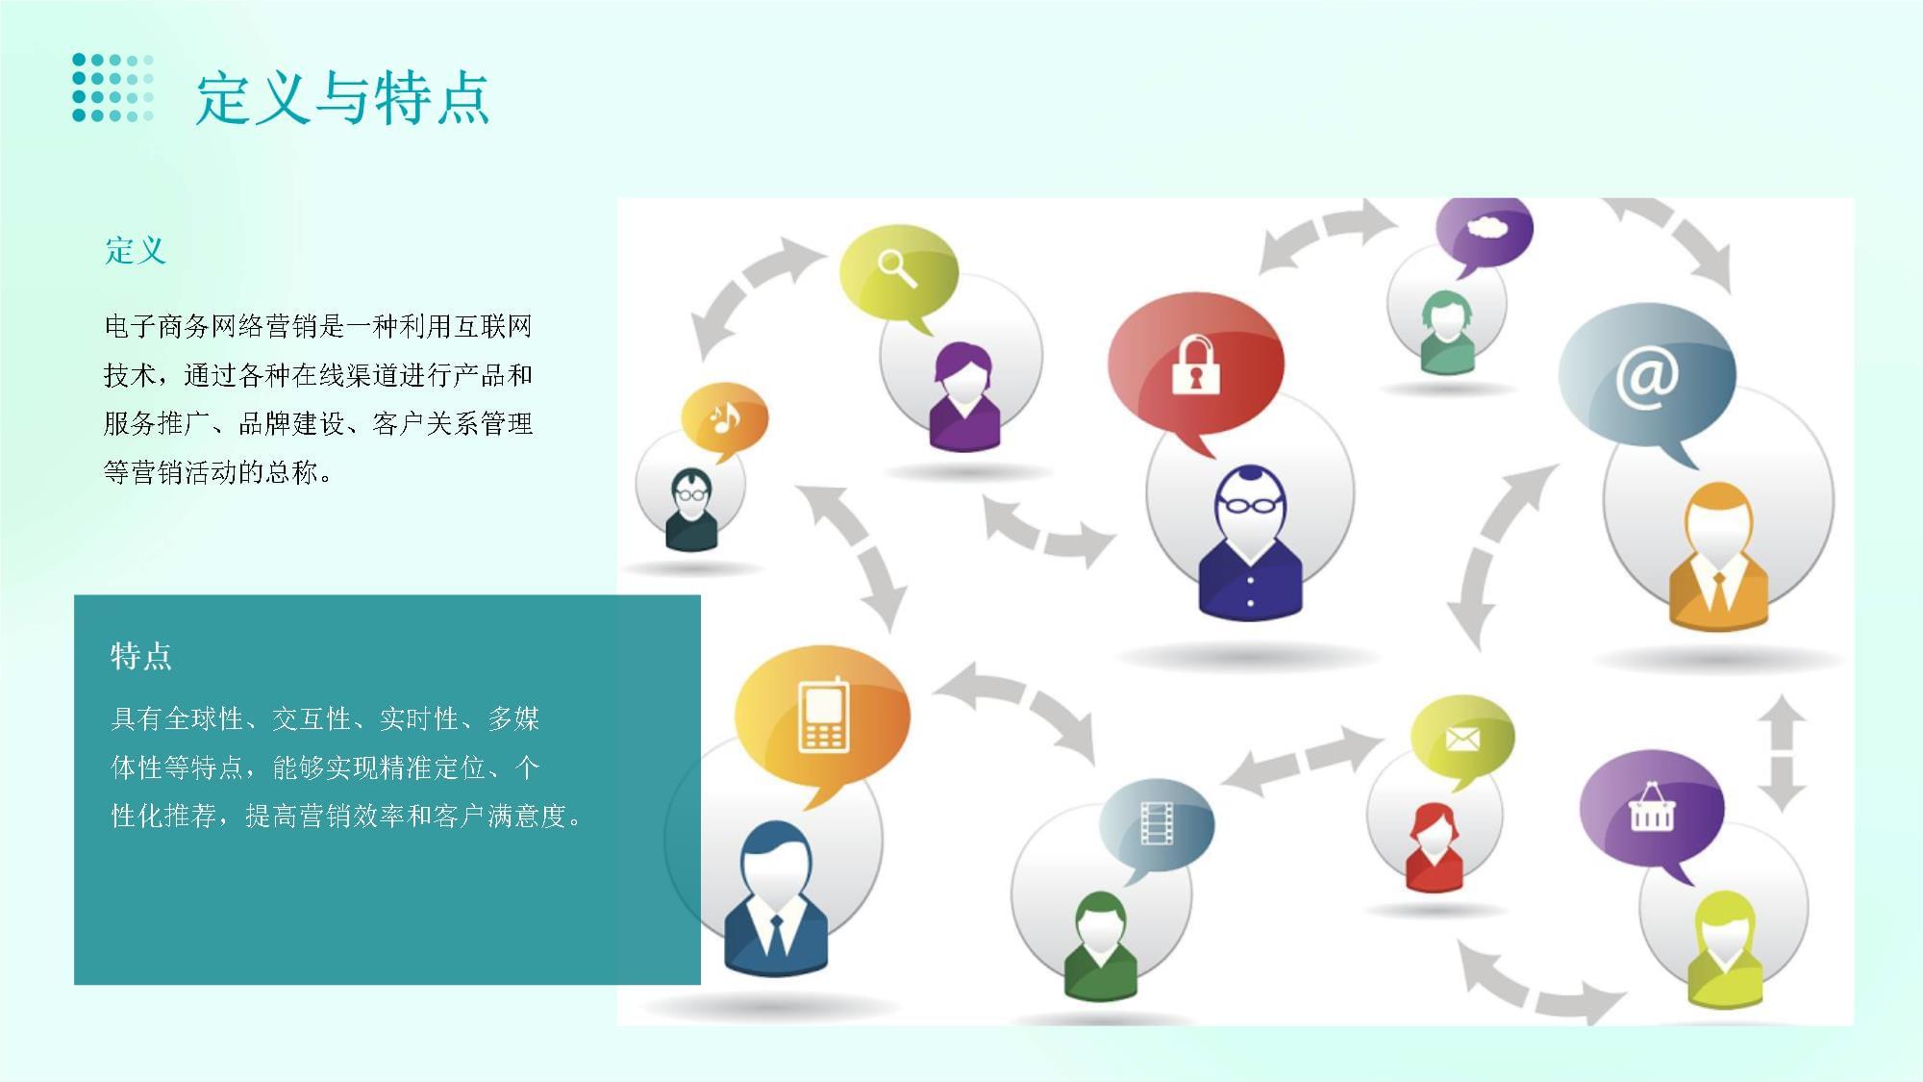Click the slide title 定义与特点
342,97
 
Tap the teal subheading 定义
136,251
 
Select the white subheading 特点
141,656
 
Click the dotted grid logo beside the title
112,88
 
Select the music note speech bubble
725,418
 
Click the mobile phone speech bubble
822,716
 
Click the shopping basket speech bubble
1651,807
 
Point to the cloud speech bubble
1485,231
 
